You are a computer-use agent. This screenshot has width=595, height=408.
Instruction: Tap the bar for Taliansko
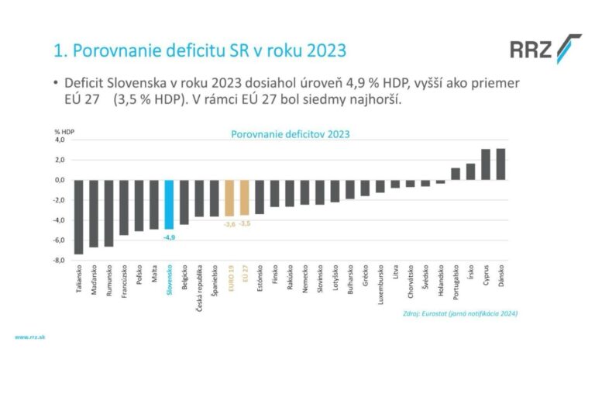click(78, 216)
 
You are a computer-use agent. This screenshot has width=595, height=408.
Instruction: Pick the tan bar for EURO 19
click(229, 198)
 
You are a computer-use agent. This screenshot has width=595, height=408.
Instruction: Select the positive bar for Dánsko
click(500, 164)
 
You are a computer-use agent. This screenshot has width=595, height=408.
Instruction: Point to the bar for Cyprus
click(486, 164)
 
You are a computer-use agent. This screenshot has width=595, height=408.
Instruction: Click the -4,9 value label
click(169, 237)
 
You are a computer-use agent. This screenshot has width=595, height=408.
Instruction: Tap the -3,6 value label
click(229, 224)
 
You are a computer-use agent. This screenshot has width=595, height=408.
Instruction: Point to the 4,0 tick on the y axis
click(59, 140)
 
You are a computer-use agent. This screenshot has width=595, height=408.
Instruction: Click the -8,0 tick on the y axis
click(59, 261)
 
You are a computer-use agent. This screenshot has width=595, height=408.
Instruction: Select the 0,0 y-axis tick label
click(59, 180)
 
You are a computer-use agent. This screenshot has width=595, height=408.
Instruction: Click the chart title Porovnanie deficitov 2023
click(291, 133)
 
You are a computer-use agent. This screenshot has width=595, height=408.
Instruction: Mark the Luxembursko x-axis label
click(380, 287)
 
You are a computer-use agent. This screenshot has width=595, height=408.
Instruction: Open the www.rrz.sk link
click(30, 337)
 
